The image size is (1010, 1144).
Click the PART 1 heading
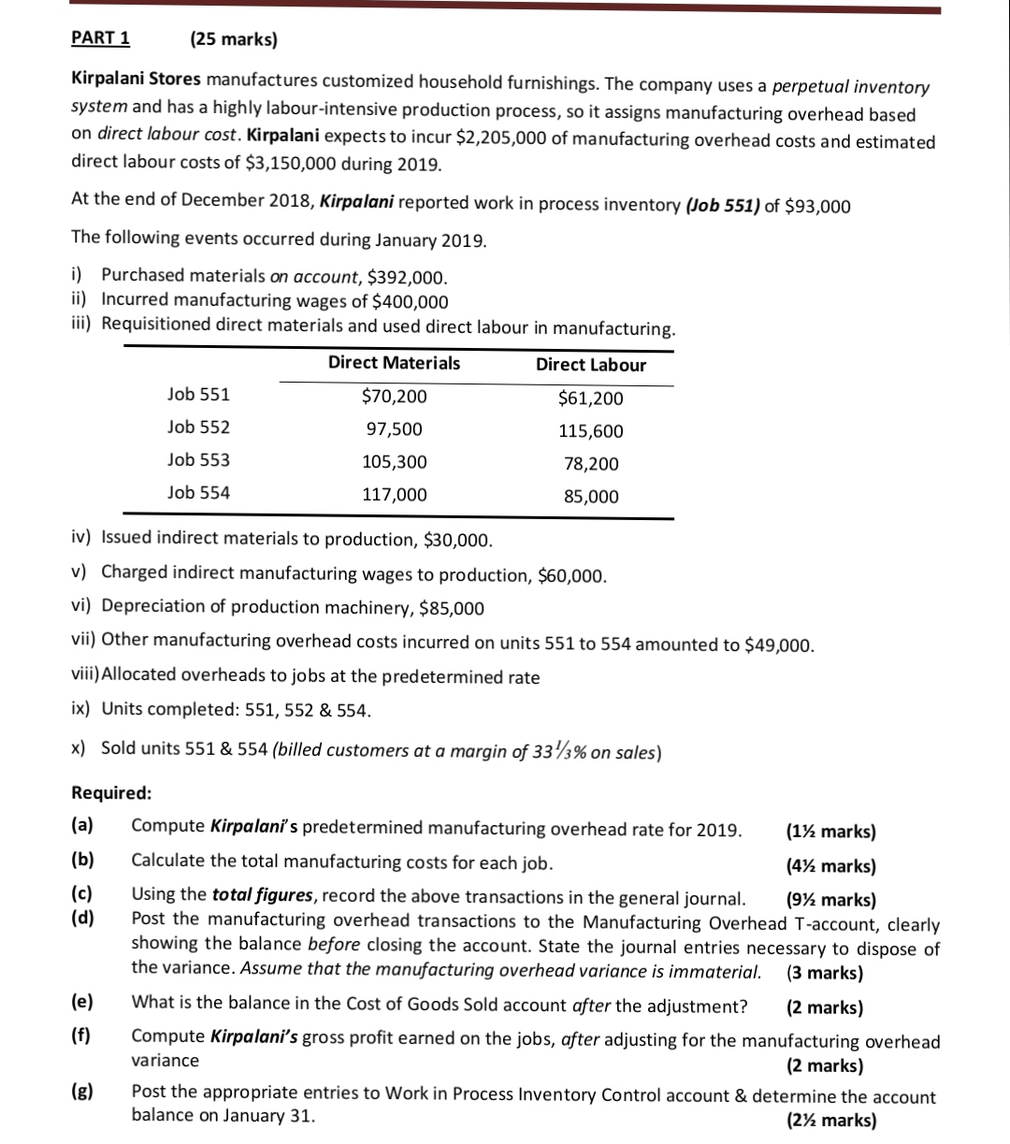[x=101, y=38]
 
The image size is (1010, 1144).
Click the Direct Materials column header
[x=394, y=363]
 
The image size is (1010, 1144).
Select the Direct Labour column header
[x=590, y=365]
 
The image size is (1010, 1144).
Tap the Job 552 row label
[x=198, y=427]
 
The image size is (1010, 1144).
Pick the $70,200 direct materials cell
[x=394, y=397]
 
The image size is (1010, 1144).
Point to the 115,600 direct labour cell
[x=590, y=431]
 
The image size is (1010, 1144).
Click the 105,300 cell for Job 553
[x=394, y=462]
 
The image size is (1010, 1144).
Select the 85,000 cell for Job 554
[x=590, y=497]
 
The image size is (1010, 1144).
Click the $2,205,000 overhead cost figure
[x=509, y=139]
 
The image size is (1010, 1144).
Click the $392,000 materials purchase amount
[x=407, y=277]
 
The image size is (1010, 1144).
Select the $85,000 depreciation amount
[x=452, y=609]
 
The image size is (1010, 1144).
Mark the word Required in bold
[x=111, y=793]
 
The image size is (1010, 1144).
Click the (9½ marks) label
[x=831, y=901]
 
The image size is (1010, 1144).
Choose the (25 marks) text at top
[x=233, y=39]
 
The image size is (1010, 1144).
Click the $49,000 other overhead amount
[x=780, y=644]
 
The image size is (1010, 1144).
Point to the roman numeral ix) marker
[x=81, y=709]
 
